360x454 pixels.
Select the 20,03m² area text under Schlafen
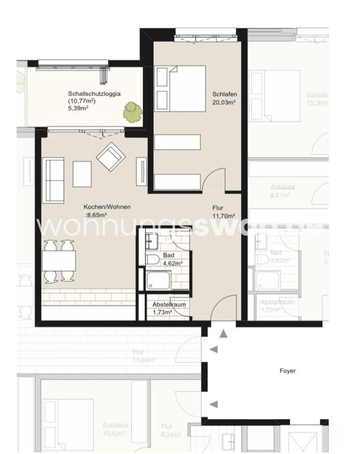(x=224, y=103)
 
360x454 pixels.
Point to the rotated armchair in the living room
(x=111, y=156)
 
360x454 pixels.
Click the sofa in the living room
(x=54, y=180)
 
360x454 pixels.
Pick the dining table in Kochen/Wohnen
(x=59, y=261)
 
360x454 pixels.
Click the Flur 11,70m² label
(x=223, y=212)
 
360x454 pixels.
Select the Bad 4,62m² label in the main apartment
(x=171, y=259)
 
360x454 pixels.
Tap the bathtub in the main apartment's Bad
(x=158, y=280)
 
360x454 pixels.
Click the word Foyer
(x=287, y=371)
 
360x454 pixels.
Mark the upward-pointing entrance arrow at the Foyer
(x=223, y=334)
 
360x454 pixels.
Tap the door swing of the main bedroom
(x=215, y=180)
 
